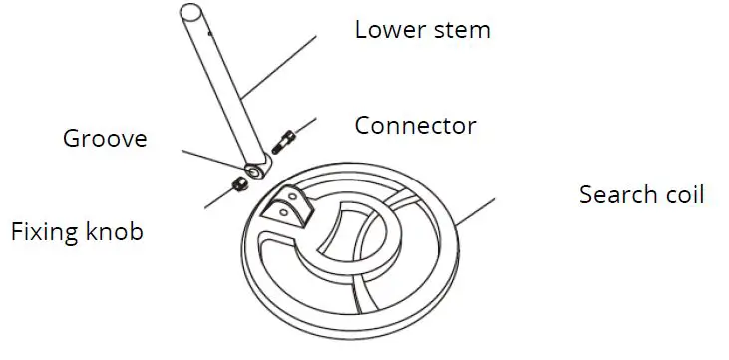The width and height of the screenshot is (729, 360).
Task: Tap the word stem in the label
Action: point(460,29)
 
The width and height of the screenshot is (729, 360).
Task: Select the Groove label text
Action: point(105,138)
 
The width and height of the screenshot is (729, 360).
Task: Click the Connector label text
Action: point(416,126)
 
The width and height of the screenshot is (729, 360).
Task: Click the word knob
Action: point(113,233)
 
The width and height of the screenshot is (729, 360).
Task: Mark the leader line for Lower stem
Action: point(284,64)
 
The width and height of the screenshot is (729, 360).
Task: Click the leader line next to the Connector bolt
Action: point(303,126)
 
